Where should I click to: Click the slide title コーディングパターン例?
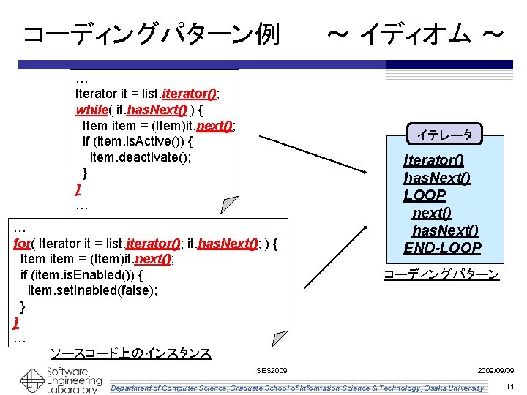coord(151,34)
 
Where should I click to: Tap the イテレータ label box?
coord(444,135)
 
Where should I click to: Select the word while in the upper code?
coord(91,110)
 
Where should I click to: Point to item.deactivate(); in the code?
coord(141,157)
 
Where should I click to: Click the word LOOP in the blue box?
coord(425,195)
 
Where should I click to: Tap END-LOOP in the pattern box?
coord(442,248)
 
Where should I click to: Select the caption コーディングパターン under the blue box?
coord(441,275)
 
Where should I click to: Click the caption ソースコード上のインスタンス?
coord(130,353)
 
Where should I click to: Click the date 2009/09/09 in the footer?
coord(496,371)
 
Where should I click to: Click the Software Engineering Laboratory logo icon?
coord(32,381)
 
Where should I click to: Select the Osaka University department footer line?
coord(296,388)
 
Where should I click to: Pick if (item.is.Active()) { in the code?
coord(138,141)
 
